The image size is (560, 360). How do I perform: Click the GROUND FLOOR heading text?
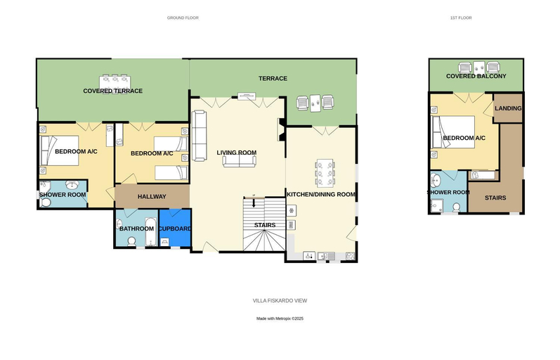click(183, 18)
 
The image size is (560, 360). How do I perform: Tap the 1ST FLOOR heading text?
click(461, 18)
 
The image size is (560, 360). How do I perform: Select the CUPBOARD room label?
click(175, 229)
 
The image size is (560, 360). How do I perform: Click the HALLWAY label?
click(152, 196)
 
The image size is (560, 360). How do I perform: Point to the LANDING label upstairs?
click(508, 108)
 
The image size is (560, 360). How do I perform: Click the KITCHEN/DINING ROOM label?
click(321, 194)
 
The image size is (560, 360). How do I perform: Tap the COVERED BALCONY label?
click(476, 76)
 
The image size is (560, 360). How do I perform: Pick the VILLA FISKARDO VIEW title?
click(280, 301)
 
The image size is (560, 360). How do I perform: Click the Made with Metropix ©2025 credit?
click(280, 319)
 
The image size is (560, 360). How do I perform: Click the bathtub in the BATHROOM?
click(151, 232)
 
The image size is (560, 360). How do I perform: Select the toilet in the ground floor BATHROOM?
click(132, 241)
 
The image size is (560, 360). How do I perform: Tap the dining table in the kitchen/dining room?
click(325, 174)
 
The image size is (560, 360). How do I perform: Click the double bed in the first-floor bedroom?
click(453, 132)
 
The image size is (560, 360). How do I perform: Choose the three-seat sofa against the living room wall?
click(199, 136)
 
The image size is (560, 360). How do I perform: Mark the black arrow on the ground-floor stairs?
click(254, 202)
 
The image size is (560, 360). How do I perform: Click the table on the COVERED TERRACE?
click(115, 82)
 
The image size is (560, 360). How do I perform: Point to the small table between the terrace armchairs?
click(315, 103)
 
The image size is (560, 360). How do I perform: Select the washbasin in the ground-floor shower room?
click(73, 184)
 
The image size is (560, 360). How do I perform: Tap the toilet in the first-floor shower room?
click(457, 207)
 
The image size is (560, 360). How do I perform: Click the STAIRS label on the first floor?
click(495, 198)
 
